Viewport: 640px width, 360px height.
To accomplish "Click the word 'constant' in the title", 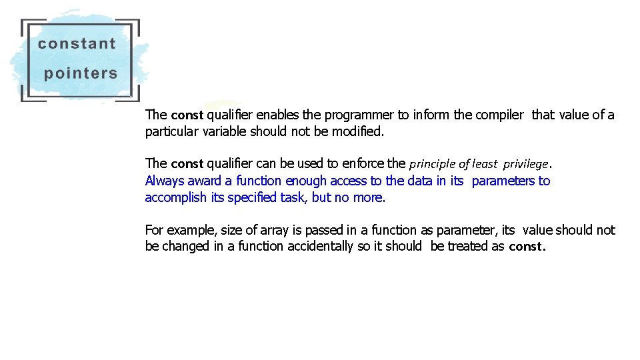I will coord(77,44).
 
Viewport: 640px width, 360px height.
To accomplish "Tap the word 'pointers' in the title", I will coord(81,73).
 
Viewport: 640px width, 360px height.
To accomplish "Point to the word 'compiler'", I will coord(499,115).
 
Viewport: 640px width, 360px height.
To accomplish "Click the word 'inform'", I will coord(431,115).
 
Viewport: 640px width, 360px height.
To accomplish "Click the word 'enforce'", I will coord(363,163).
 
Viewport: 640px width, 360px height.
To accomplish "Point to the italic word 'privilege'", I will coord(525,164).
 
